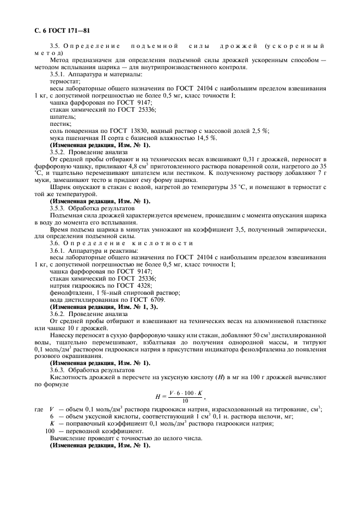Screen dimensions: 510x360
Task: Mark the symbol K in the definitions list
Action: coord(52,424)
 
